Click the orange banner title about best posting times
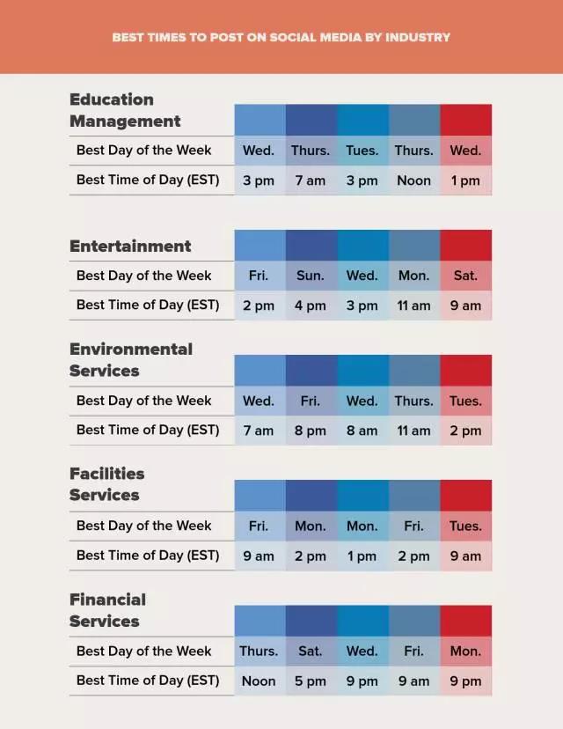click(x=281, y=37)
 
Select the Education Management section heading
click(x=125, y=110)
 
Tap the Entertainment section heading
click(x=130, y=247)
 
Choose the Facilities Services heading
click(x=106, y=484)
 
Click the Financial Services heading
click(x=107, y=610)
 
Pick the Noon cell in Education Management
click(x=413, y=180)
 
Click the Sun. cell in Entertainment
click(x=310, y=276)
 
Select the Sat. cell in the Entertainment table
click(x=465, y=276)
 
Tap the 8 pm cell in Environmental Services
click(x=310, y=431)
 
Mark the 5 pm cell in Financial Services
click(x=310, y=681)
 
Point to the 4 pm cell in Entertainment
click(x=310, y=306)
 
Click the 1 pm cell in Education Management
click(x=465, y=180)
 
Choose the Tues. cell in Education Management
click(x=362, y=151)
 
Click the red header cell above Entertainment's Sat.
click(x=465, y=245)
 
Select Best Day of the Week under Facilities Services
click(x=143, y=526)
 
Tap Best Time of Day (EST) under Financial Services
click(x=147, y=681)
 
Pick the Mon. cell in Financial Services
click(x=465, y=652)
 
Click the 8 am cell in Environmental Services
click(x=362, y=431)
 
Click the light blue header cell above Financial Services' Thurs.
click(x=259, y=621)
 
